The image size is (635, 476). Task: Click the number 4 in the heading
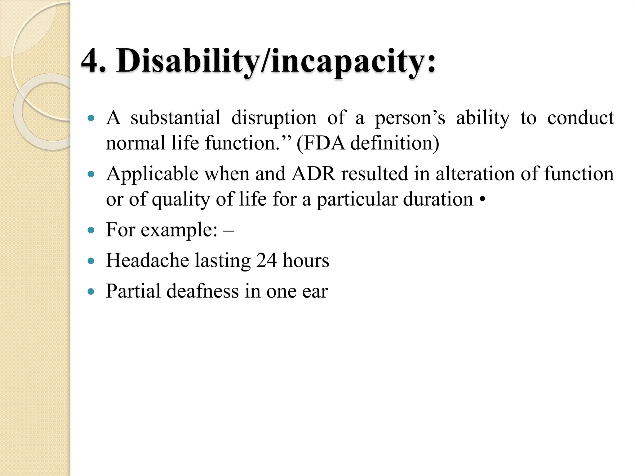coord(91,61)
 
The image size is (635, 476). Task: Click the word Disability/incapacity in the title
coord(275,61)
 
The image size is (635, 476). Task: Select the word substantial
coord(175,118)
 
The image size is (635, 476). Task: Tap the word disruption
coord(274,118)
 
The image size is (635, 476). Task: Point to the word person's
coord(410,118)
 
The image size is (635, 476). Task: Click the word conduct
coord(580,118)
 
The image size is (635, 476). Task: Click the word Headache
coord(147,260)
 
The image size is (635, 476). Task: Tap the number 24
coord(266,260)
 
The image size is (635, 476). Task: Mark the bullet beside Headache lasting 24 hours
coord(91,261)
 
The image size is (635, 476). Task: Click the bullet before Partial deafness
coord(91,292)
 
